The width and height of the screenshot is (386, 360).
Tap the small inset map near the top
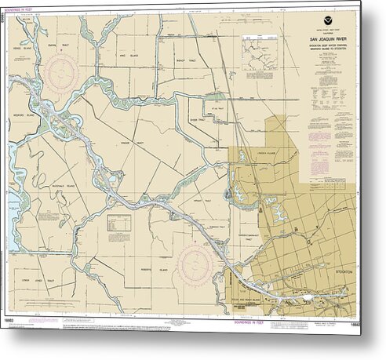click(259, 52)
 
